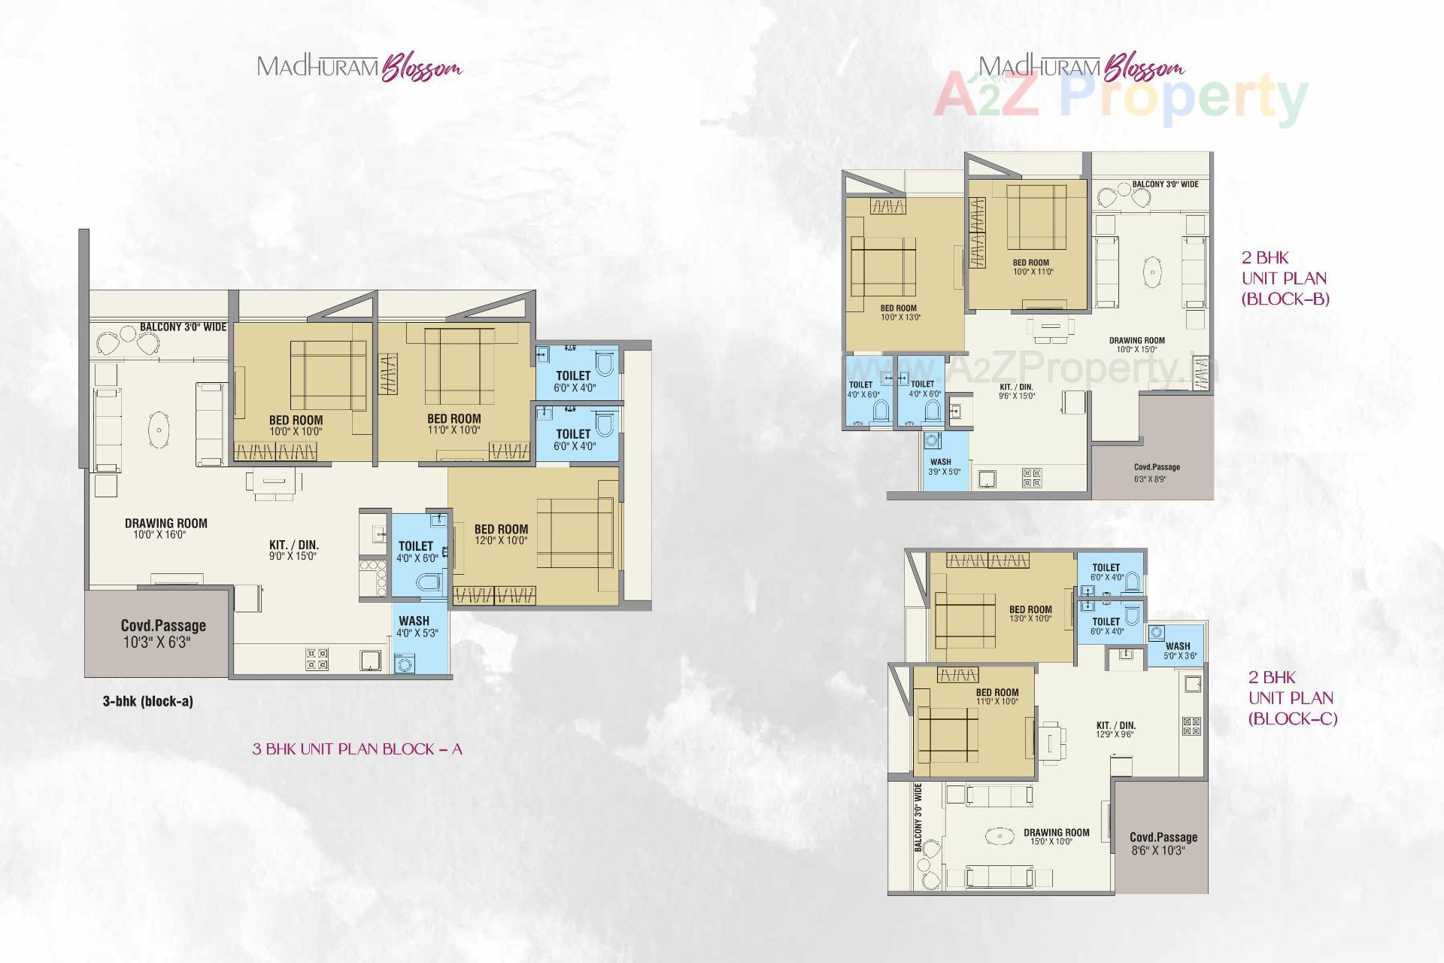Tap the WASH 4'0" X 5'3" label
415,627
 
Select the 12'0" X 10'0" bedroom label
501,534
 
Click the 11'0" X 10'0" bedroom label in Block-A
454,424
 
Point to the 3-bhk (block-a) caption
148,701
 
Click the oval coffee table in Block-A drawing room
159,430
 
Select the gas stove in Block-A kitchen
317,659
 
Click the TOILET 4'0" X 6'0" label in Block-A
416,551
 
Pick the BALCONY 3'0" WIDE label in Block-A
183,327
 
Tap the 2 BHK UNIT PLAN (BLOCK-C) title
1292,698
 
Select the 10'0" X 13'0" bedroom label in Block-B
899,312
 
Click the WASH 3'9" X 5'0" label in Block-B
940,466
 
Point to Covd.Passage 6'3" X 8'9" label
1157,472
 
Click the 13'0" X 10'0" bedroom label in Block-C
1030,614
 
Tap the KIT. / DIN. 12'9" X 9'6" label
1115,730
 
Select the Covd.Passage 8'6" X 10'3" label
1163,843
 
